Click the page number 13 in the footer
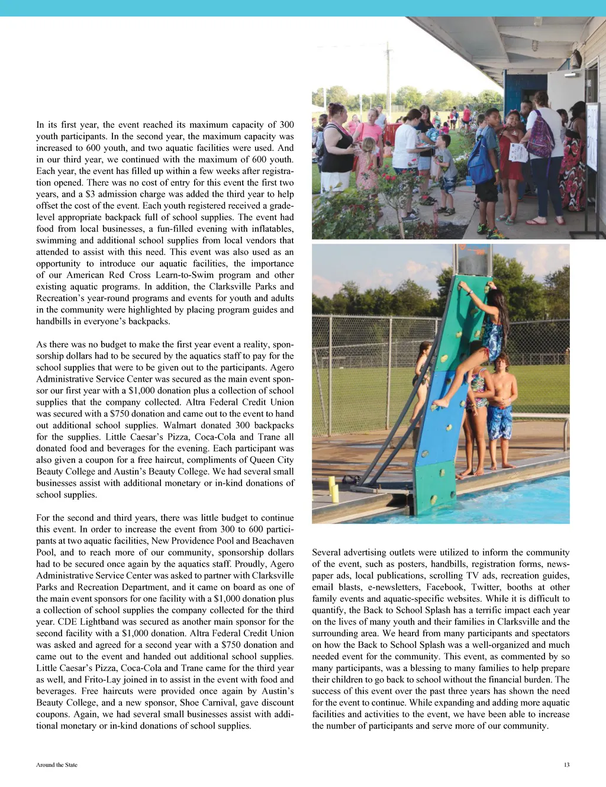566,765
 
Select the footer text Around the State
57,765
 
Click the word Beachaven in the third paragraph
273,541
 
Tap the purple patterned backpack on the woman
540,136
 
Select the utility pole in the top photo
388,77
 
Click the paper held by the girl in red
518,153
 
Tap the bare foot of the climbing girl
439,403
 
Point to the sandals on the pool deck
352,479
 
